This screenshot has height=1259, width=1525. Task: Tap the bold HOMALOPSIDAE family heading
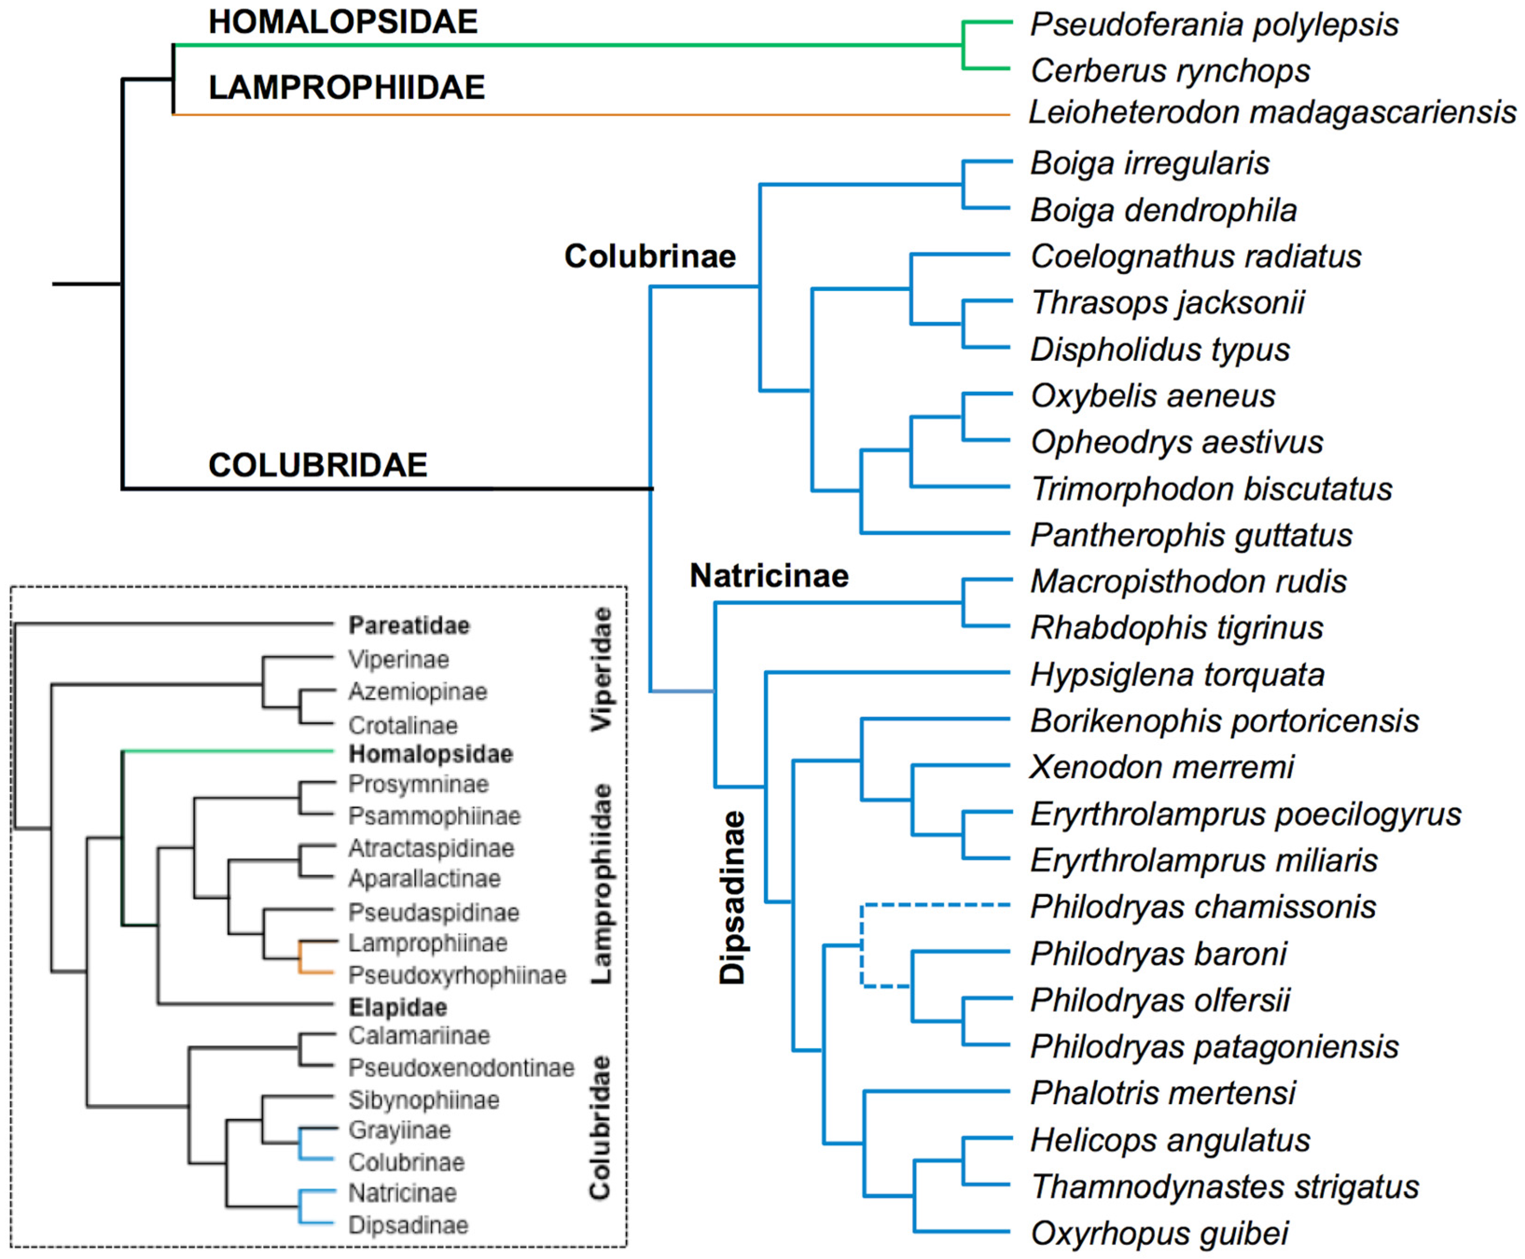point(343,22)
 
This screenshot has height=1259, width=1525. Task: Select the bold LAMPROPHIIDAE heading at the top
point(347,88)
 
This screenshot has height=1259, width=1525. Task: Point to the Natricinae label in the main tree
point(769,576)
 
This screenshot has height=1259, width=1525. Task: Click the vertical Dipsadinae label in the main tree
point(732,897)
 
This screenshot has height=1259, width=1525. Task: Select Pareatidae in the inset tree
point(409,625)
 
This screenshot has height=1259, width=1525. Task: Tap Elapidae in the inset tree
point(397,1007)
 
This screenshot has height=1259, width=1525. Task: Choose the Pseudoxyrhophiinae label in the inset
point(457,975)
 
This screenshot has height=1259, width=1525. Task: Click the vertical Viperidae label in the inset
point(602,669)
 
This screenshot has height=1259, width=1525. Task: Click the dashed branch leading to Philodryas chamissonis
point(936,905)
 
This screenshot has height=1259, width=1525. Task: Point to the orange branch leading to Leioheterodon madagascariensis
point(580,115)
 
